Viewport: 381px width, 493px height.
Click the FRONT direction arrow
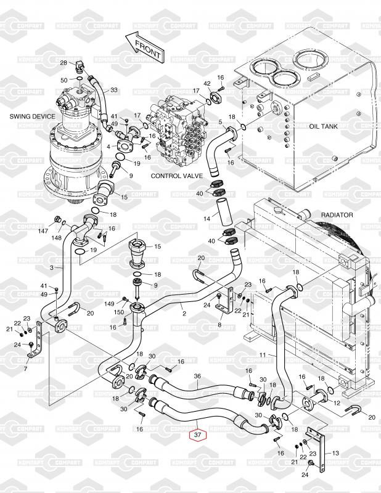point(143,46)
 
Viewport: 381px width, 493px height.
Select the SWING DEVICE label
point(32,116)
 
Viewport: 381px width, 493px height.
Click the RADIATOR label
point(337,214)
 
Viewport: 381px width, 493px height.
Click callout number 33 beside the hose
point(113,90)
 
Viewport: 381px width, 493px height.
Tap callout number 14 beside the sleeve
point(208,219)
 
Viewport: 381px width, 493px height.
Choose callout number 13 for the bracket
point(335,452)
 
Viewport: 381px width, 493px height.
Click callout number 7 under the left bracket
point(25,369)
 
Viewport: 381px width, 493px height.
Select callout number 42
point(207,83)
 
